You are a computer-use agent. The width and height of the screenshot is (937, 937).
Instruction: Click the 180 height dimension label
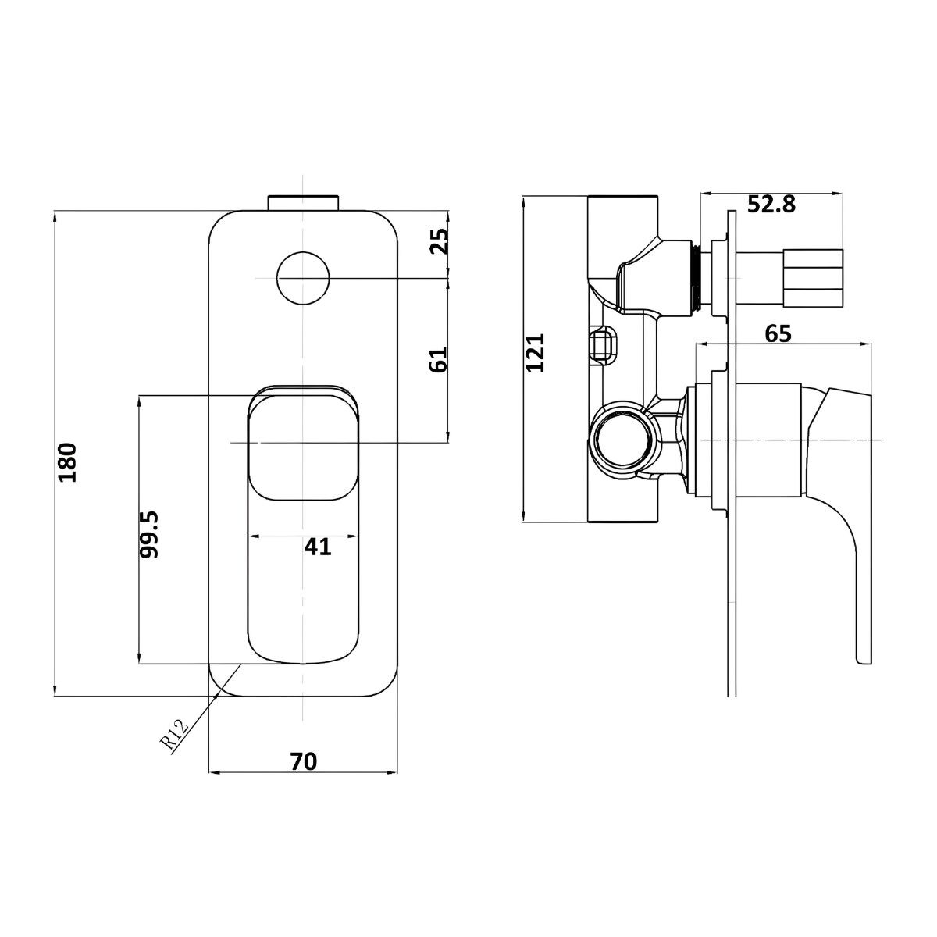68,462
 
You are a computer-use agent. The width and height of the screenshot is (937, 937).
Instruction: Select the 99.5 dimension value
149,534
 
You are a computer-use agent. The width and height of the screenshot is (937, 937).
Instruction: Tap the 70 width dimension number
304,761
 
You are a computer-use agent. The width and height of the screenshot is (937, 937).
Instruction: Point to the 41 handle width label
318,547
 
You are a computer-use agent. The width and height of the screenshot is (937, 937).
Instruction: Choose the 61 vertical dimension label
438,360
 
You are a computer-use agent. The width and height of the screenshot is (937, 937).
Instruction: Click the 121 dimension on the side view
536,353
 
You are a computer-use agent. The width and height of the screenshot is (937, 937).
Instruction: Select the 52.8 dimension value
771,205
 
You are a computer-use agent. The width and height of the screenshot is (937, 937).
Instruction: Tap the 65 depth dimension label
778,333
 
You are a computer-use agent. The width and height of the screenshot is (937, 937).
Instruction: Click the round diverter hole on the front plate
303,278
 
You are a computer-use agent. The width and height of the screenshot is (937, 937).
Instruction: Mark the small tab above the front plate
303,202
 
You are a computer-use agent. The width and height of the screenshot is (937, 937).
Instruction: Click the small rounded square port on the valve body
604,346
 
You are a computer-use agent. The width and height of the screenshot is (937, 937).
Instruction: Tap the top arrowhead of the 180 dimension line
55,212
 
